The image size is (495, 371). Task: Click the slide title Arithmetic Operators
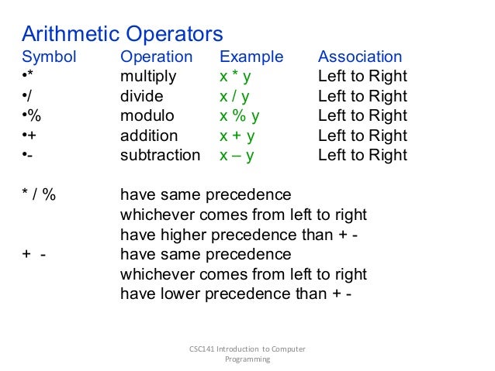122,34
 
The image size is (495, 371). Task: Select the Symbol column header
49,57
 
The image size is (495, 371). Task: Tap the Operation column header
156,57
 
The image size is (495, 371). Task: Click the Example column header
251,57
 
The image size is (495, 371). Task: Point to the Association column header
360,57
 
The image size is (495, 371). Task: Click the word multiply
148,77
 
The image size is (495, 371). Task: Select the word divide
141,96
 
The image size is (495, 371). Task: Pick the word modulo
147,116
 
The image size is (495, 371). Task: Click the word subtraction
160,155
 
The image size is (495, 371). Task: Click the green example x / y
236,96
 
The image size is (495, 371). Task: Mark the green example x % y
240,116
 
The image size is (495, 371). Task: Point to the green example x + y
237,136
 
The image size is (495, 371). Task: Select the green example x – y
237,155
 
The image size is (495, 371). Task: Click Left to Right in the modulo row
362,116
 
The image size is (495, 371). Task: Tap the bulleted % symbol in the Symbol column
32,116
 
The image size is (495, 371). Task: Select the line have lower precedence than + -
236,294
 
